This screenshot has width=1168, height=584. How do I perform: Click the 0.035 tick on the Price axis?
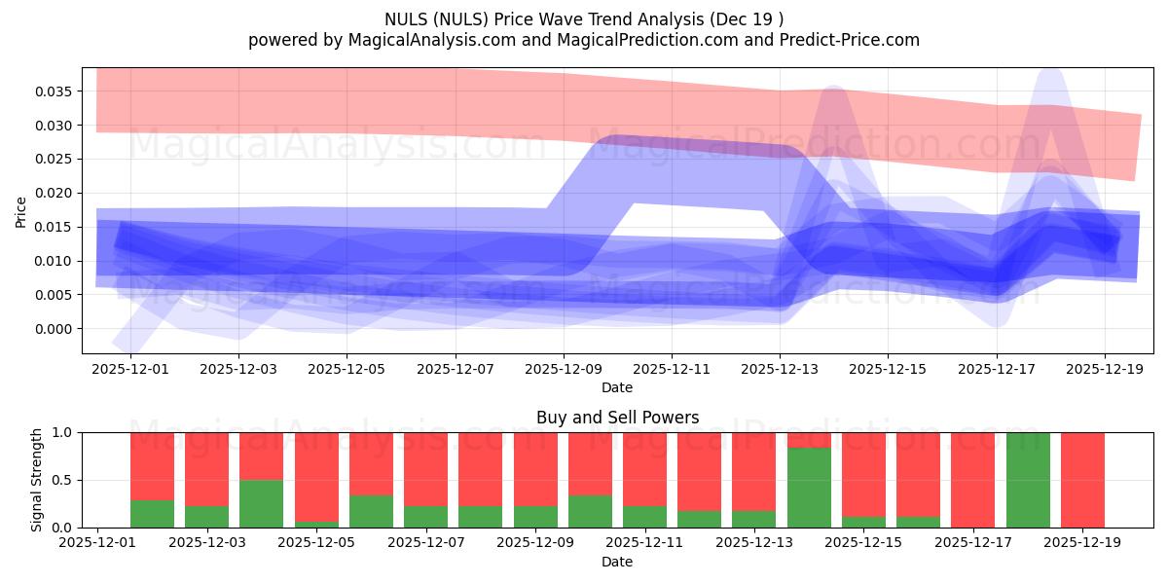point(55,91)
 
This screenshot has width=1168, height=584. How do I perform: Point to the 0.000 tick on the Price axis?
point(55,329)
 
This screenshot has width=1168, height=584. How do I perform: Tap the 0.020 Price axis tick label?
point(55,194)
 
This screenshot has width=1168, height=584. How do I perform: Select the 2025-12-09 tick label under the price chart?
point(564,369)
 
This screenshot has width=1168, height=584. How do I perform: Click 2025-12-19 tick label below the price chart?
point(1104,369)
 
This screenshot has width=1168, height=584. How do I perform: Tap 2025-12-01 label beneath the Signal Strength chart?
point(97,542)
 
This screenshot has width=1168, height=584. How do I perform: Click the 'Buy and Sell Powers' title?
point(617,418)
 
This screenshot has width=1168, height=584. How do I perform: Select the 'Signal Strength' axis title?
point(37,480)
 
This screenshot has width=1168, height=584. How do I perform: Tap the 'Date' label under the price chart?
point(617,387)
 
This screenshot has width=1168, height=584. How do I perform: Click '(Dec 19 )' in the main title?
point(746,18)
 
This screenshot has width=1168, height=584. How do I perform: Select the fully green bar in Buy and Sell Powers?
point(1028,480)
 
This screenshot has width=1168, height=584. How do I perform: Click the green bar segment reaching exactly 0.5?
point(261,504)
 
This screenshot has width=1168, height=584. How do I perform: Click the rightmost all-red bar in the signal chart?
point(1082,480)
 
